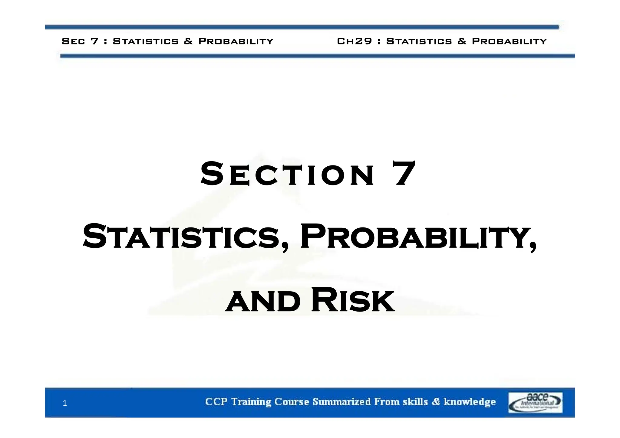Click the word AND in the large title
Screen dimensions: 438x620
263,302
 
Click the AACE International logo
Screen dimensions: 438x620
535,402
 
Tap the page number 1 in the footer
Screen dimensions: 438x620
64,403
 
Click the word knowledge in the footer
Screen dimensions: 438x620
470,402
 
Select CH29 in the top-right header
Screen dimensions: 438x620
355,41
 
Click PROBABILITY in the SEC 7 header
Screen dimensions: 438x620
236,41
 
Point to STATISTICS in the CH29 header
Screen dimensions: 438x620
419,41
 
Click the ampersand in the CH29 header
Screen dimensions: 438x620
462,41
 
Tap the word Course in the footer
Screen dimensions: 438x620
292,402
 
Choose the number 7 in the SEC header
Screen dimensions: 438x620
95,41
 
